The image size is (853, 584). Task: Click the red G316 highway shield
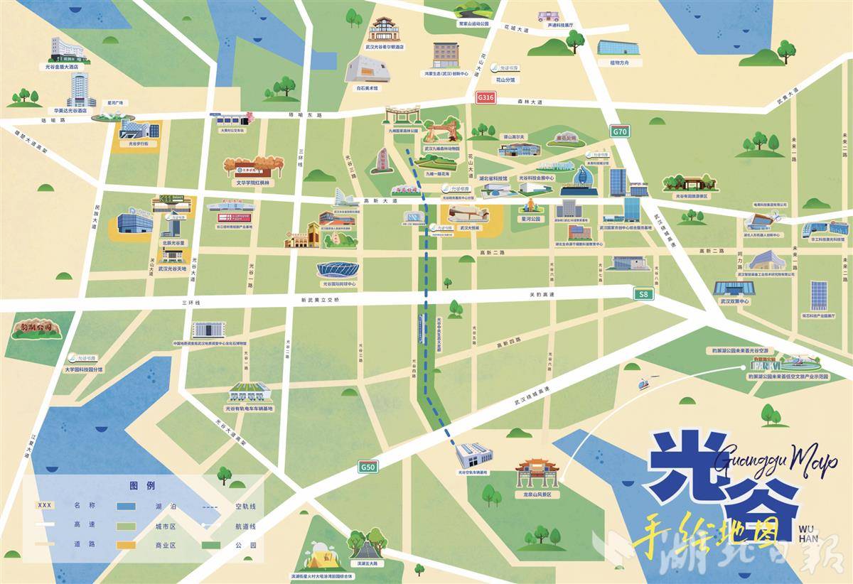(485, 96)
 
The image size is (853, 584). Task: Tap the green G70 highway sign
(620, 131)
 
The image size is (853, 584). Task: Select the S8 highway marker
(643, 293)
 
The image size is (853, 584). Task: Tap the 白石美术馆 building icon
(368, 71)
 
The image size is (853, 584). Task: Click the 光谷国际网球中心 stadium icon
(338, 271)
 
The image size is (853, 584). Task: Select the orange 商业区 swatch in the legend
(127, 546)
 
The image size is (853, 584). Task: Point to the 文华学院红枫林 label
(254, 182)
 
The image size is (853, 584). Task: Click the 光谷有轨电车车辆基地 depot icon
(249, 393)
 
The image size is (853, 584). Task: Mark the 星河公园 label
(531, 220)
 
